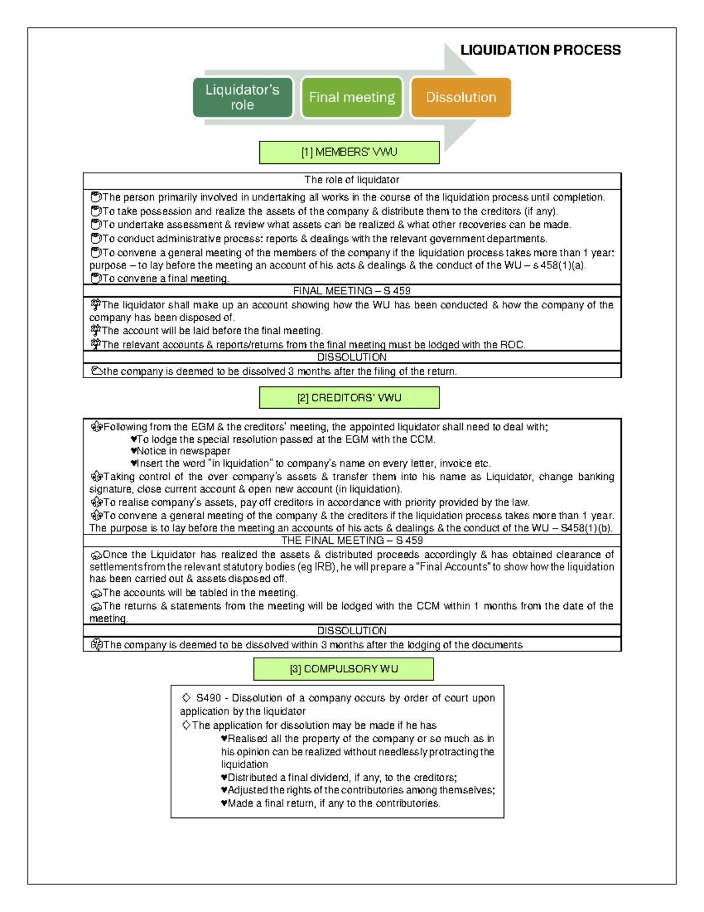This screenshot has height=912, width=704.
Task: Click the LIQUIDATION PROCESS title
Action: coord(540,50)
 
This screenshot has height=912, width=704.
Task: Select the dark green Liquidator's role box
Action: coord(242,97)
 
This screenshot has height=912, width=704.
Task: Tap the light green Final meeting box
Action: coord(352,97)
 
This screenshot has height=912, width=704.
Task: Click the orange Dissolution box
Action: coord(461,97)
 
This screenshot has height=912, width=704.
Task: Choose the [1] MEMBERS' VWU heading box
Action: coord(349,152)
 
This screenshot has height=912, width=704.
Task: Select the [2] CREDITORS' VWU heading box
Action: coord(349,398)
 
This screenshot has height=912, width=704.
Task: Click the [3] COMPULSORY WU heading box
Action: coord(343,669)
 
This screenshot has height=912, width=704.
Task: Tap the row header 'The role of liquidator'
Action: coord(351,180)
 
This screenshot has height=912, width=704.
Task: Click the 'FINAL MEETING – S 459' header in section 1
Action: coord(351,291)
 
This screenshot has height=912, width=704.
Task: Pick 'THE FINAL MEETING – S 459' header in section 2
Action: coord(351,540)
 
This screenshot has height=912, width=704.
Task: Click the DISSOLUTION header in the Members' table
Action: coord(351,357)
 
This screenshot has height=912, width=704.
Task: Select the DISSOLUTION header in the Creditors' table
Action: coord(351,631)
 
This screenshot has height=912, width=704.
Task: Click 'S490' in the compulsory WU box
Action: coord(208,698)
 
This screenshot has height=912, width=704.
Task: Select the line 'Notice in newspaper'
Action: coord(183,451)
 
